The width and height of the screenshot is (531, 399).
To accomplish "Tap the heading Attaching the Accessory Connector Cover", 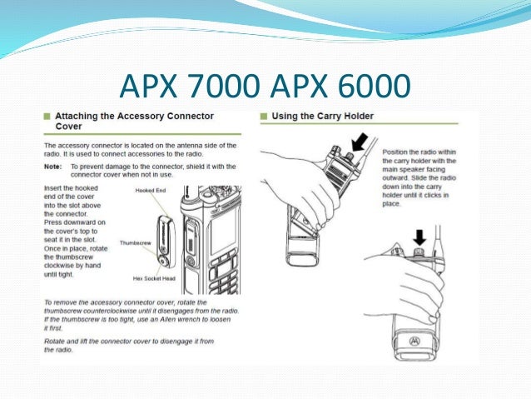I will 133,122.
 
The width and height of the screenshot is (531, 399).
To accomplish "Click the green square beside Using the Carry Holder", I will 264,116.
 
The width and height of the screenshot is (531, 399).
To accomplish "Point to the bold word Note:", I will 53,166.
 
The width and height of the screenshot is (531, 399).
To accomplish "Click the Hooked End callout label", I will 150,191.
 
